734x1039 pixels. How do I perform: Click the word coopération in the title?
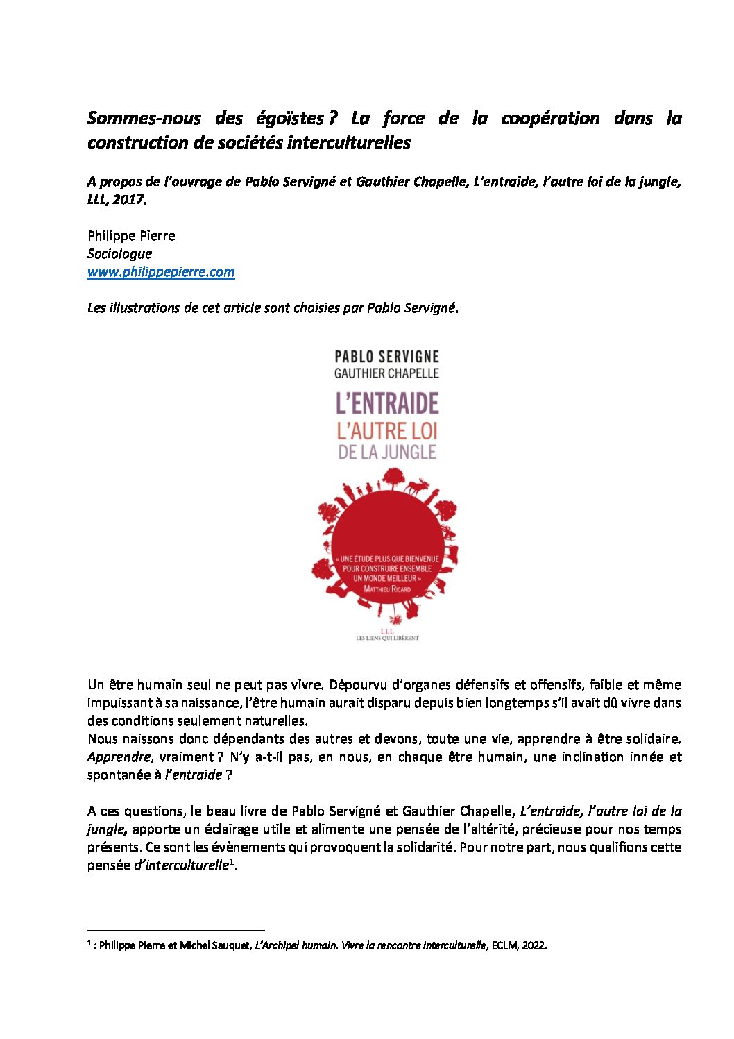(550, 119)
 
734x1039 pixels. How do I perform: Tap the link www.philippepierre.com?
(161, 272)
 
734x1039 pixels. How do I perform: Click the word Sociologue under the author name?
(119, 254)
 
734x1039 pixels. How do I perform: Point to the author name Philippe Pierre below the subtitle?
(131, 236)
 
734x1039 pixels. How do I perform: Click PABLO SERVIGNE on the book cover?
(386, 357)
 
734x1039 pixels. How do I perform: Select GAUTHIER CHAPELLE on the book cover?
(386, 373)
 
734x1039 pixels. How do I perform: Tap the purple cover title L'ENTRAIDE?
(387, 403)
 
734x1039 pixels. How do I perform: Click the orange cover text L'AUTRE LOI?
(387, 431)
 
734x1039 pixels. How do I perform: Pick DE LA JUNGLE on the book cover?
(387, 453)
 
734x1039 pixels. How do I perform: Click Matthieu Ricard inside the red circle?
(387, 589)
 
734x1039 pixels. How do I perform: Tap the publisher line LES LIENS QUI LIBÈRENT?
(387, 638)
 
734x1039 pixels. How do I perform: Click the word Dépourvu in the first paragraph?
(357, 685)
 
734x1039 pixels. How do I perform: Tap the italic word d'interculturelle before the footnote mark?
(180, 865)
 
